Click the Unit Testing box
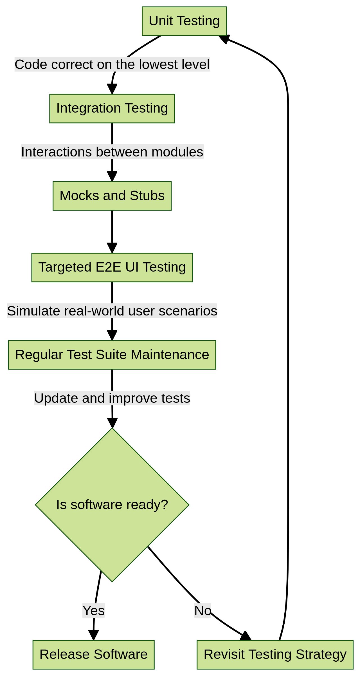pyautogui.click(x=184, y=21)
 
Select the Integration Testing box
pyautogui.click(x=112, y=108)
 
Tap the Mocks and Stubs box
pyautogui.click(x=112, y=196)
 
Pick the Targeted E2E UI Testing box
pyautogui.click(x=112, y=267)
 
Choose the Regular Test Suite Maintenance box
pyautogui.click(x=112, y=355)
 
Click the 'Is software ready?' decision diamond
pyautogui.click(x=112, y=505)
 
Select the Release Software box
pyautogui.click(x=93, y=654)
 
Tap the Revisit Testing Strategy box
pyautogui.click(x=275, y=654)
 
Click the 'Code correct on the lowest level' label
pyautogui.click(x=112, y=64)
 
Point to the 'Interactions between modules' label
pyautogui.click(x=112, y=152)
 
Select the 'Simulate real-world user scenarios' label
pyautogui.click(x=112, y=311)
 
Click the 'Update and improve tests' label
pyautogui.click(x=112, y=398)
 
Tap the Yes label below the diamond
pyautogui.click(x=93, y=611)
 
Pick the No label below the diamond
pyautogui.click(x=202, y=611)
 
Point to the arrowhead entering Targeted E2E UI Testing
pyautogui.click(x=112, y=248)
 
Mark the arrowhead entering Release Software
pyautogui.click(x=93, y=635)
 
